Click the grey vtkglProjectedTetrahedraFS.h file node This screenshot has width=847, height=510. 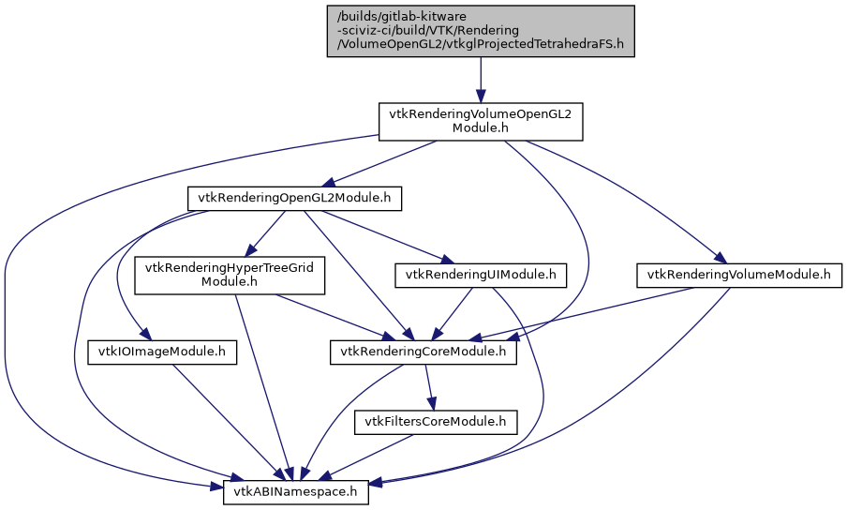point(481,31)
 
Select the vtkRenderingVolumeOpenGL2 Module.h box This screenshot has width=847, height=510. point(481,122)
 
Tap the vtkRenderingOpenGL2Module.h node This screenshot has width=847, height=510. point(295,198)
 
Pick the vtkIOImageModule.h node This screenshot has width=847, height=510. point(163,352)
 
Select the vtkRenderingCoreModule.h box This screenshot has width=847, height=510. point(423,352)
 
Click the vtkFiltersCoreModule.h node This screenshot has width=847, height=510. point(436,423)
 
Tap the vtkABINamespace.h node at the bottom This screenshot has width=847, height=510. point(296,491)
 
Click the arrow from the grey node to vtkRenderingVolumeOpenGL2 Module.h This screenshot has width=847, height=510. point(481,80)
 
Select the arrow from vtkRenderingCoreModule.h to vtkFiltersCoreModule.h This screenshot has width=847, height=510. point(429,387)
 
